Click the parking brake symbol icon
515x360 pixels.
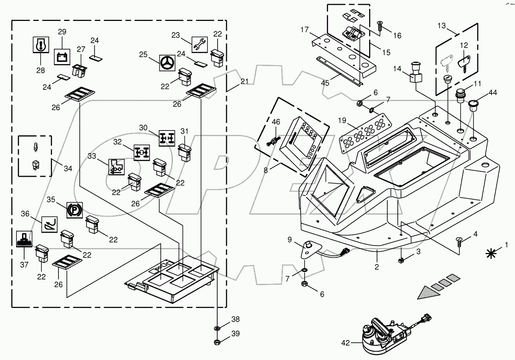[73, 210]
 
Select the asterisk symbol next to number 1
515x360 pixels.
[490, 253]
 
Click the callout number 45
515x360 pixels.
[325, 83]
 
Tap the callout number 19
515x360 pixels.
[342, 120]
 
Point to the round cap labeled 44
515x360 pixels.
[474, 106]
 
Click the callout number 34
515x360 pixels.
[68, 168]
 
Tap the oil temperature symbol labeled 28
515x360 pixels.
[41, 45]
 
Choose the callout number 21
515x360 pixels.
[245, 82]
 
